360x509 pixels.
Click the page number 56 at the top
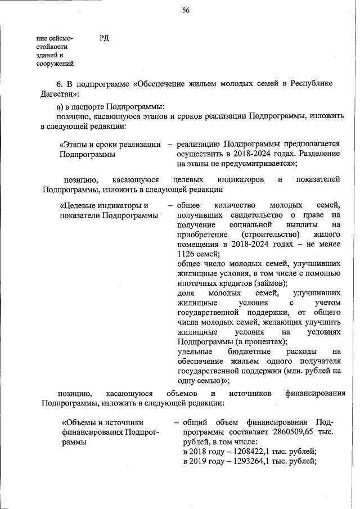pos(185,10)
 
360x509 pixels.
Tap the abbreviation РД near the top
pos(104,38)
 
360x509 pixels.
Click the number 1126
pos(186,254)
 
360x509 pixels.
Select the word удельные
pos(191,352)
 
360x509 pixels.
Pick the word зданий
pos(48,56)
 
